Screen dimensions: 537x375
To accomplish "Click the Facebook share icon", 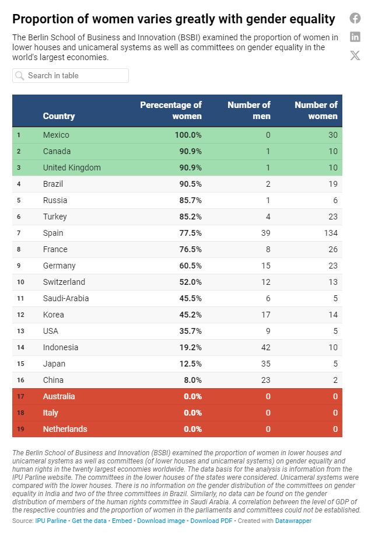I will tap(355, 18).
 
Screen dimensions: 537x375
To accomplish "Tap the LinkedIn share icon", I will tap(355, 37).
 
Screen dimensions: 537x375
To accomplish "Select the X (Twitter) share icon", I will tap(355, 55).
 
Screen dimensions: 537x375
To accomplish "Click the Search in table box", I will tap(71, 75).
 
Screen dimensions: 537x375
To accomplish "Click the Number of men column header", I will tap(248, 110).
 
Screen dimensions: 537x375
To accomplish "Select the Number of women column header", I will tap(316, 110).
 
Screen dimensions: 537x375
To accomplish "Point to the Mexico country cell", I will tap(56, 135).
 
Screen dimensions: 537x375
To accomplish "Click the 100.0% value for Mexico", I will tap(188, 135).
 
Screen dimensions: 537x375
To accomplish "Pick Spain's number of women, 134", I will tap(330, 233).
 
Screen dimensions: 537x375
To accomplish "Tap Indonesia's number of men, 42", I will tap(264, 347).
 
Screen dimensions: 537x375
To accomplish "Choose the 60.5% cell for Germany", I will tap(189, 266).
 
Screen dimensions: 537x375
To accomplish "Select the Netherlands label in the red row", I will tap(65, 429).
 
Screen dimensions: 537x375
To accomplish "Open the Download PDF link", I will tap(211, 521).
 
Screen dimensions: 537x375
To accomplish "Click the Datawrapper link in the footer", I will tap(293, 521).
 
